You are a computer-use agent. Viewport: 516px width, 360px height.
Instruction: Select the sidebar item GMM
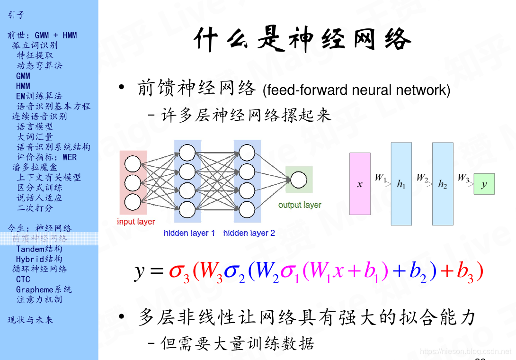23,76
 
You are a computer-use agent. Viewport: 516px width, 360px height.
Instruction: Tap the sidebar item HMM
23,86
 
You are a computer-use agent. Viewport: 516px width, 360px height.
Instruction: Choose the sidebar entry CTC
23,279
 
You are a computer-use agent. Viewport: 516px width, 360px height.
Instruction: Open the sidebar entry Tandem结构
39,249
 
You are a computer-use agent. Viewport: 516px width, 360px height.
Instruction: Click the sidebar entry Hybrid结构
39,259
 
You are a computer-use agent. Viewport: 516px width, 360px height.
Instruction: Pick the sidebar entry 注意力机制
39,299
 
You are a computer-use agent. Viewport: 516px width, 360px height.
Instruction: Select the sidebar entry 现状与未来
30,320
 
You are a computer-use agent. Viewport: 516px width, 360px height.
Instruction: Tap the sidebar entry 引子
16,15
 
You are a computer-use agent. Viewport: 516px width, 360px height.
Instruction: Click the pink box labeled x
360,184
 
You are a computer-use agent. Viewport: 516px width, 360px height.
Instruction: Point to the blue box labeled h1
401,184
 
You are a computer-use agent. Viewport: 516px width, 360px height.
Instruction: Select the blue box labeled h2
443,184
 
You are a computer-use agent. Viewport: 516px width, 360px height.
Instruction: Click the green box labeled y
484,184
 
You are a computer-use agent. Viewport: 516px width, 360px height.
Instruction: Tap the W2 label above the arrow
422,178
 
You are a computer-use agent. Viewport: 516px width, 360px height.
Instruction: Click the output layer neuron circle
298,180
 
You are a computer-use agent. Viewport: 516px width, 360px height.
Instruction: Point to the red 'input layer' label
136,221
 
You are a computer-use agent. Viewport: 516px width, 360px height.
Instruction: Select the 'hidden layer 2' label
249,233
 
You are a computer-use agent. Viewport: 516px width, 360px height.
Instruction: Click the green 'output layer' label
300,205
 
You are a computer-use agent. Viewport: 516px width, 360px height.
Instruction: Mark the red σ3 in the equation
179,272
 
